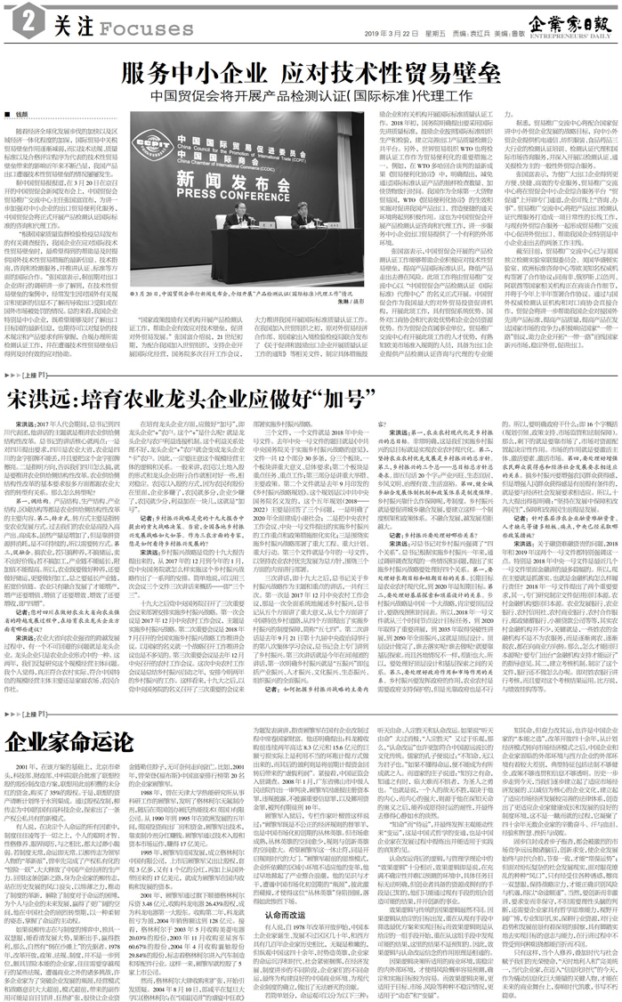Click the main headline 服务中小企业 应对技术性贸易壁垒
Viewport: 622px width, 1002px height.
(311, 71)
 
